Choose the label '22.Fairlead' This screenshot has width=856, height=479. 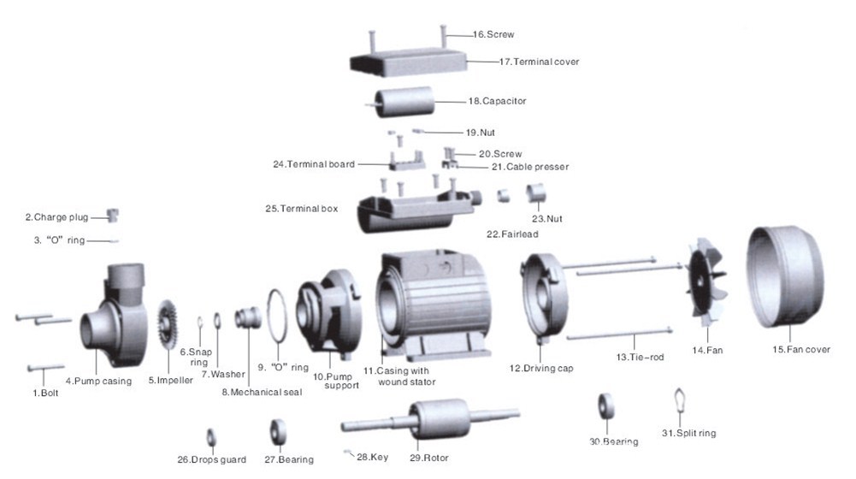513,234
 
